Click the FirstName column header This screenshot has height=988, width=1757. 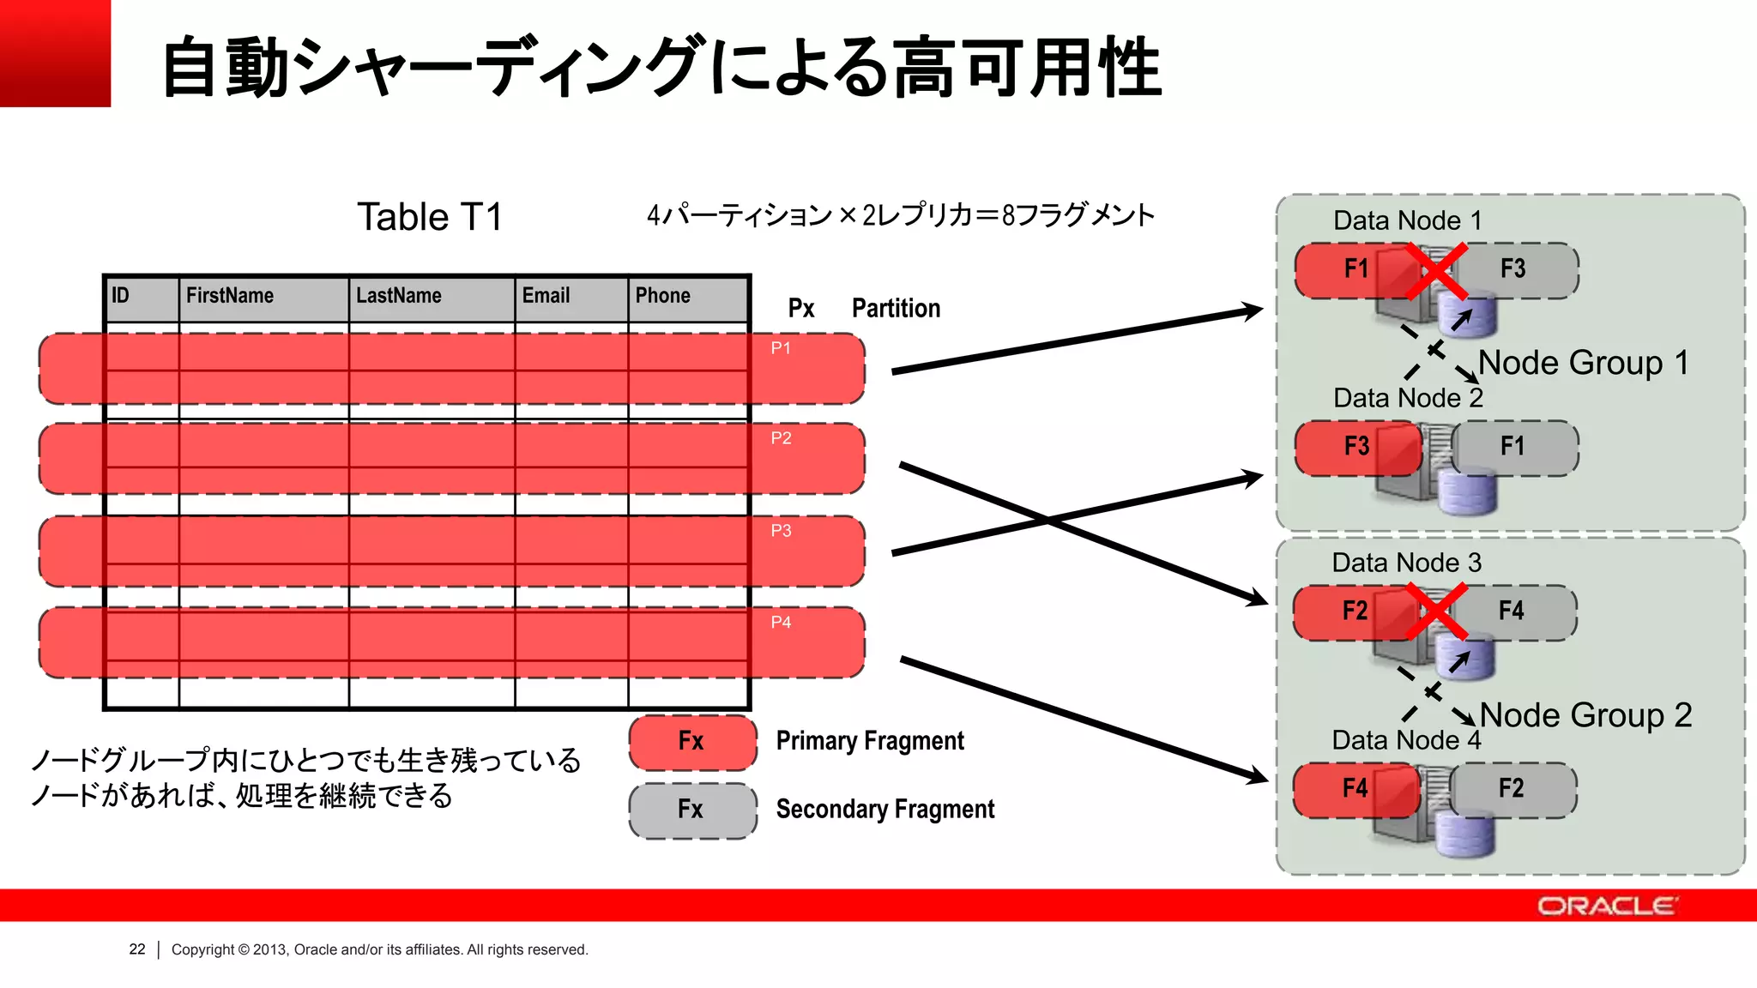[230, 296]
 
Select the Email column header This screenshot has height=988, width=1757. [546, 296]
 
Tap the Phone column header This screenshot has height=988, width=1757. [662, 296]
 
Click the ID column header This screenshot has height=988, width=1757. [120, 296]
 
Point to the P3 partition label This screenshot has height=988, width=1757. [781, 531]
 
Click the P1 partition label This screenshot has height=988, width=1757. [781, 348]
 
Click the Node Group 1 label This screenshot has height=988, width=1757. [1584, 363]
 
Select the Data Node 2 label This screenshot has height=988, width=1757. [1407, 398]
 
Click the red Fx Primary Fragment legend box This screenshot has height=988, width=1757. [692, 741]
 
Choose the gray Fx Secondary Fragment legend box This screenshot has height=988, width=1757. [692, 810]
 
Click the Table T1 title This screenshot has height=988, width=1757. [429, 217]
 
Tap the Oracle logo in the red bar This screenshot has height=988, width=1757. [1606, 907]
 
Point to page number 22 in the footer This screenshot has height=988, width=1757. [137, 949]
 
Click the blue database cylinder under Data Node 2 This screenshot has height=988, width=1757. [1467, 493]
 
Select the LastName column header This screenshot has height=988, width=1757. [399, 296]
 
